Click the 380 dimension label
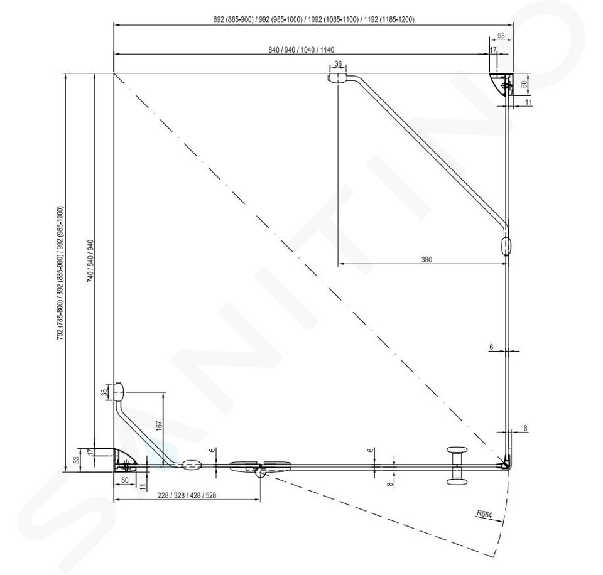426,259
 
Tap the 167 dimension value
159,426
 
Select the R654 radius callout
484,514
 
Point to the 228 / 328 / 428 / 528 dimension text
187,495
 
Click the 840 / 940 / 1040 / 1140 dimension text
301,50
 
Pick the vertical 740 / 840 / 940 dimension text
90,261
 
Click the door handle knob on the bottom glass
456,466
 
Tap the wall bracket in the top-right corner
503,84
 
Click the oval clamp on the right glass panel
507,246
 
